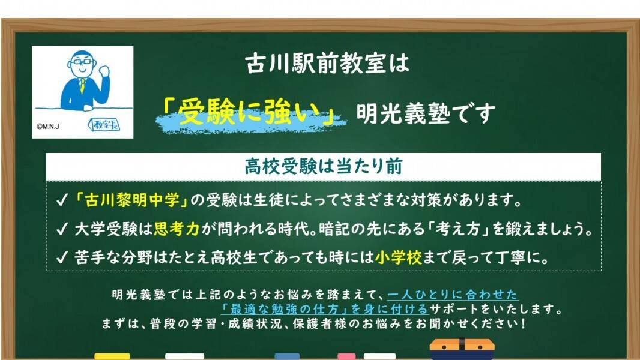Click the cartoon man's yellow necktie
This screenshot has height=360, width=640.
point(82,84)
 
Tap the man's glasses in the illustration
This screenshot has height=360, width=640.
point(82,62)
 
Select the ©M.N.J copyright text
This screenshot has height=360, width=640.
point(49,127)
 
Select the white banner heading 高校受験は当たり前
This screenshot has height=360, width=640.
point(323,167)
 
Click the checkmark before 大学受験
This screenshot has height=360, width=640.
point(61,229)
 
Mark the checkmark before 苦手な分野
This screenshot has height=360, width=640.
point(61,258)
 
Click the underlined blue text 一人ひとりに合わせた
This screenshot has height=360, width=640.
point(452,295)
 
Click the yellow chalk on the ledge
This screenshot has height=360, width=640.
point(112,356)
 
